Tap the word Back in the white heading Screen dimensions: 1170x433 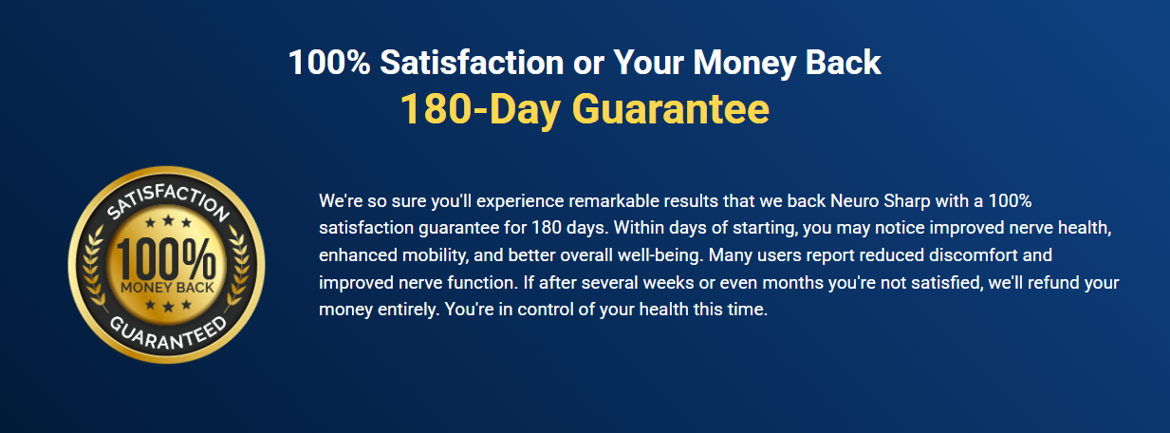[843, 63]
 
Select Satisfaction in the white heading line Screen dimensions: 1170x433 [472, 63]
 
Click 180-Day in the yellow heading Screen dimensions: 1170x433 [480, 110]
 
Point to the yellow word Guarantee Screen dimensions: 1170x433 [671, 109]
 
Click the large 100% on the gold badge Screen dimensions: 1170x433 [165, 259]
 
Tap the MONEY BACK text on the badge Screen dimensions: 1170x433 [167, 287]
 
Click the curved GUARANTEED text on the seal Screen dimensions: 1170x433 [168, 333]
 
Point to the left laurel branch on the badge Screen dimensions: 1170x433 [93, 267]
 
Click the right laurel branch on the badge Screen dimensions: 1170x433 [240, 267]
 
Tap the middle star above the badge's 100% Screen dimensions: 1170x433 [168, 220]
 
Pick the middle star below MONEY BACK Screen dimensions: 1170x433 [168, 306]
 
